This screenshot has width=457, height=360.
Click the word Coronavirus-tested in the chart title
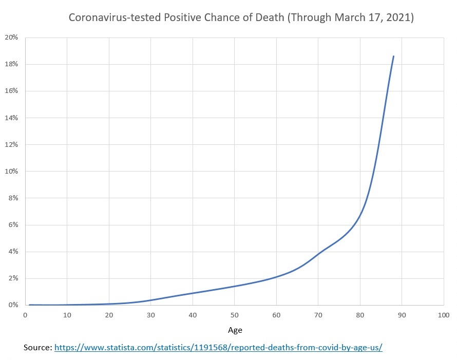106,18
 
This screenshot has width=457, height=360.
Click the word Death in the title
267,18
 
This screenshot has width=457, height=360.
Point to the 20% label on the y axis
11,37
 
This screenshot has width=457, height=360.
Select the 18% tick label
11,64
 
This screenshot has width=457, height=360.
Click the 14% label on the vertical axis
11,118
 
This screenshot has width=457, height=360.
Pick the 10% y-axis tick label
11,171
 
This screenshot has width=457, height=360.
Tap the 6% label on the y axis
13,225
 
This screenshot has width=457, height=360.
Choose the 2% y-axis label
13,278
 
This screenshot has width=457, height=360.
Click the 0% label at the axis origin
13,305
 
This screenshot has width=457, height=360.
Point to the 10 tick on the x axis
67,315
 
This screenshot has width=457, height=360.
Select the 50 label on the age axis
234,315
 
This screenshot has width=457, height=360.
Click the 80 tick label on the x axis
359,315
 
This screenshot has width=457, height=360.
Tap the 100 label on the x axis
443,315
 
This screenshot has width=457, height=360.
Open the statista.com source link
218,348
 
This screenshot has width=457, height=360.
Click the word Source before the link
37,348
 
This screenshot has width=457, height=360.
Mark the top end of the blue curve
393,56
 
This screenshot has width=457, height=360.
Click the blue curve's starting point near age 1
29,305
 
